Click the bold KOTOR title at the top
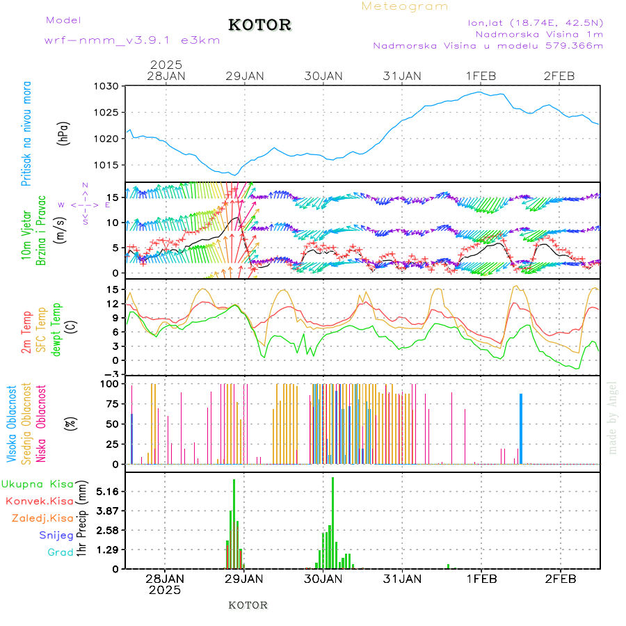259,25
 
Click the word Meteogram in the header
405,6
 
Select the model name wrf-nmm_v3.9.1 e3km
131,40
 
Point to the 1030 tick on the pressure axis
107,86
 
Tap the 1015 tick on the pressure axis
107,165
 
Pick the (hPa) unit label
64,133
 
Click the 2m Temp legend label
26,332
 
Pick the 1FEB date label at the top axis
481,75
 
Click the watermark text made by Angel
613,417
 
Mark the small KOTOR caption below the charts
248,605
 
